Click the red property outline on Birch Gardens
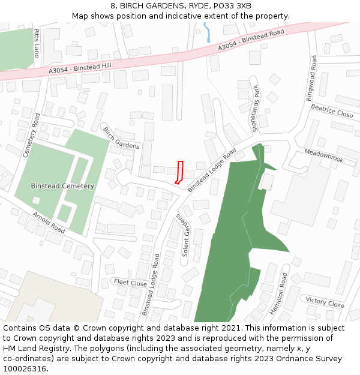(179, 172)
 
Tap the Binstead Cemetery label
(62, 186)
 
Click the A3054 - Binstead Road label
(251, 41)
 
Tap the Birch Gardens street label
(121, 137)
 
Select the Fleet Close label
(130, 283)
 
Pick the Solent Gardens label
(182, 235)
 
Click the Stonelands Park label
(256, 108)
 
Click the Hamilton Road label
(278, 293)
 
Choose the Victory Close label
(325, 302)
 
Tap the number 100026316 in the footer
(23, 369)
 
